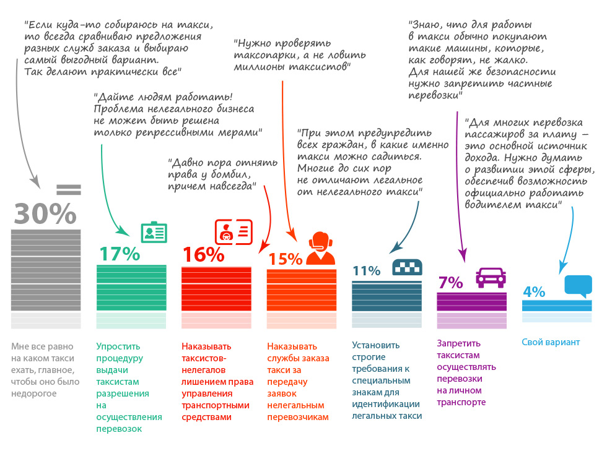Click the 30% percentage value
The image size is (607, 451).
coord(45,214)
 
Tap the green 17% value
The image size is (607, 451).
coord(119,254)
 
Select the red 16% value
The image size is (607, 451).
coord(203,254)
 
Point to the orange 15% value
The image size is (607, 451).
coord(286,259)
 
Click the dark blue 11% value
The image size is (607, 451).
coord(366,270)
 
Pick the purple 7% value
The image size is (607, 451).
coord(450,283)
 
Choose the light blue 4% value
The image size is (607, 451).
coord(533,291)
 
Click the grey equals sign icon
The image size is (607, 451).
coord(68,189)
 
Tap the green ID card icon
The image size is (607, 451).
coord(154,232)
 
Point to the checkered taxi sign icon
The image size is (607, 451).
coord(407,267)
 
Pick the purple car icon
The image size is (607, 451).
coord(491,277)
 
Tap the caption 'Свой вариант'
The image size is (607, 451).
coord(551,342)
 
